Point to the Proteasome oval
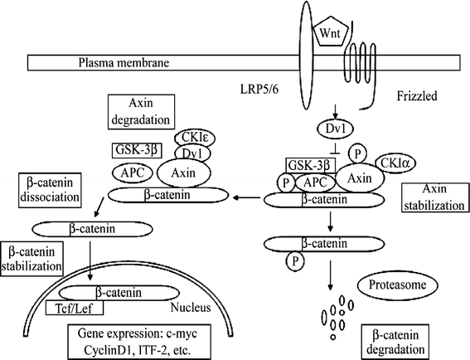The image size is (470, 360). click(x=394, y=286)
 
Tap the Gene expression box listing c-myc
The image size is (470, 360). click(x=143, y=338)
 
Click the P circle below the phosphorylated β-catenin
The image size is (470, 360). click(x=293, y=263)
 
